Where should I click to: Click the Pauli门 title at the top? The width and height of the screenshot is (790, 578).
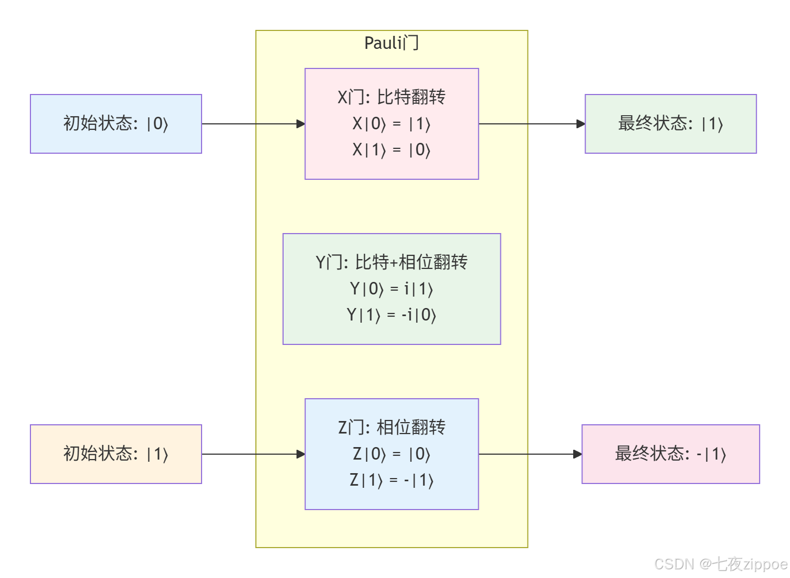click(391, 43)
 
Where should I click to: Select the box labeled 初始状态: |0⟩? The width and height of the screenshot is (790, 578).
click(116, 124)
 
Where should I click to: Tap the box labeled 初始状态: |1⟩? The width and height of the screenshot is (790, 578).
click(116, 454)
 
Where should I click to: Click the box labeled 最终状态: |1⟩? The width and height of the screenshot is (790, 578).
click(670, 124)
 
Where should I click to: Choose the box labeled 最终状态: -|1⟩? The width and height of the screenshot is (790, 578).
click(670, 454)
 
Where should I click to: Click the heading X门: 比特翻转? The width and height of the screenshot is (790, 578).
click(391, 97)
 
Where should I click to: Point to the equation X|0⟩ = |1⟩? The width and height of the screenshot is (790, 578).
click(391, 124)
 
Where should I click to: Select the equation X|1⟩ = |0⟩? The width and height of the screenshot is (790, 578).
click(391, 150)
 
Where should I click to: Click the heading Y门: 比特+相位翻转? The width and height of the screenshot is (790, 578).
click(391, 262)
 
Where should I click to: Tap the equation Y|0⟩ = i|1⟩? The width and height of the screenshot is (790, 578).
click(391, 289)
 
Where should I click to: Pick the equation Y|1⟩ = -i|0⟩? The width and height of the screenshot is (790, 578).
click(391, 315)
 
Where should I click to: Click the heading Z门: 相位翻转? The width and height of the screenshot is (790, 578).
click(391, 428)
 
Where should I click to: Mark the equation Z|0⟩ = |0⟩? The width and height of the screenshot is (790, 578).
click(391, 454)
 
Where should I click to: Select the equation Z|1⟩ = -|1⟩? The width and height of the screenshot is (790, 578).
click(391, 480)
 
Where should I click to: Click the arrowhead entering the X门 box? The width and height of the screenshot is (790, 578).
click(300, 124)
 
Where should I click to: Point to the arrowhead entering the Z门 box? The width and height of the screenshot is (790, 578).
click(300, 454)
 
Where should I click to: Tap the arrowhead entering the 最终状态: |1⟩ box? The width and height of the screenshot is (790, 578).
click(580, 124)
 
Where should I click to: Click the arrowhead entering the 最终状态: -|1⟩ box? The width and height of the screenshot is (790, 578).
click(577, 454)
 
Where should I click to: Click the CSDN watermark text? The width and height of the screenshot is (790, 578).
click(674, 564)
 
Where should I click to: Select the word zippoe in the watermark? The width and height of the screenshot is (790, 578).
click(766, 564)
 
